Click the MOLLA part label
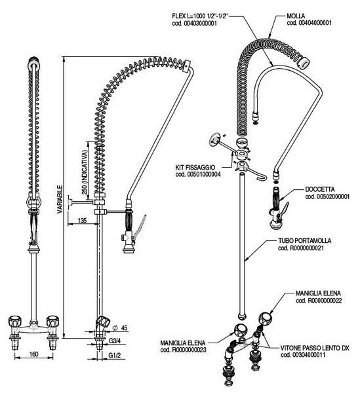click(296, 16)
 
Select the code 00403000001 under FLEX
click(194, 24)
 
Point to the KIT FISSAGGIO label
click(195, 167)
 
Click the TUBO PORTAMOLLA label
click(304, 241)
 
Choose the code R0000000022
click(319, 301)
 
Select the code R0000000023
click(183, 350)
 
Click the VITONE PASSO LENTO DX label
click(315, 348)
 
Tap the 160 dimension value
click(34, 354)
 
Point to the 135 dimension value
click(82, 220)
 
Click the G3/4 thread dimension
click(115, 341)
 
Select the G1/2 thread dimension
click(115, 355)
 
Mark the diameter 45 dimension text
click(120, 327)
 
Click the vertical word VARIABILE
click(60, 199)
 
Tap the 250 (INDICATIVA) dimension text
click(85, 172)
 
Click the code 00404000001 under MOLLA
click(309, 23)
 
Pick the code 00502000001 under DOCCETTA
click(327, 196)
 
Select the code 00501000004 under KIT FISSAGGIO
click(198, 174)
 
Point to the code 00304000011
click(303, 355)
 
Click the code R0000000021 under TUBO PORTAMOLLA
click(301, 248)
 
